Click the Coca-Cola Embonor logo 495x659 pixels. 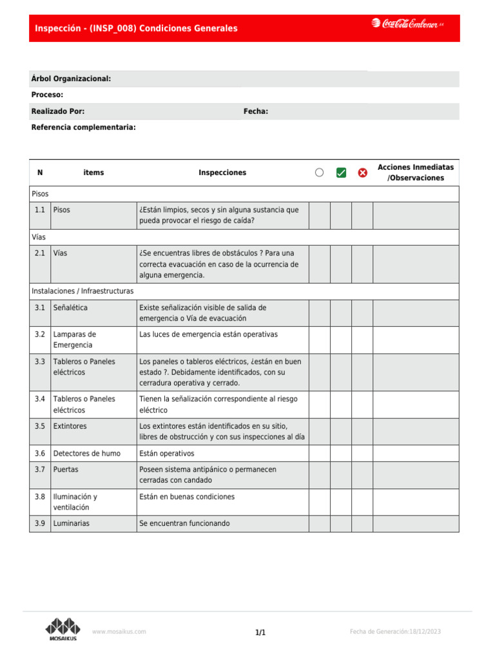pos(407,24)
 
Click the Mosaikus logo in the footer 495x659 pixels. pos(63,629)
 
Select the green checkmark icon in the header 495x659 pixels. pos(341,172)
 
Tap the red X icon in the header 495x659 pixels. pos(362,172)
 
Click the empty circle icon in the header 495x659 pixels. pos(320,172)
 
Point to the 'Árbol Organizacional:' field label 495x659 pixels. pos(71,79)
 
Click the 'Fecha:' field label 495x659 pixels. pos(255,111)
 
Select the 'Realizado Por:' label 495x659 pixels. pos(57,111)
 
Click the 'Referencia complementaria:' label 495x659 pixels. pos(83,127)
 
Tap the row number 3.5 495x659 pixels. pos(40,426)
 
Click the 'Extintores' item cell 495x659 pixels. pos(70,426)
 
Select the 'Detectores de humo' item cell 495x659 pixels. pos(86,453)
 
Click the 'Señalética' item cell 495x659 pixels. pos(70,308)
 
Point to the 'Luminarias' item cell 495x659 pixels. pos(71,523)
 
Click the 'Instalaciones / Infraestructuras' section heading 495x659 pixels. pos(82,291)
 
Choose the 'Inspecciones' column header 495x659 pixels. pos(222,172)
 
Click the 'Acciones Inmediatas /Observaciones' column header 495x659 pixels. pos(415,172)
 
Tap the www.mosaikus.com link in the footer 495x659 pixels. pos(119,632)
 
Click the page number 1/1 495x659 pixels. pos(260,633)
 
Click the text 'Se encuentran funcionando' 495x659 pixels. pos(184,523)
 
